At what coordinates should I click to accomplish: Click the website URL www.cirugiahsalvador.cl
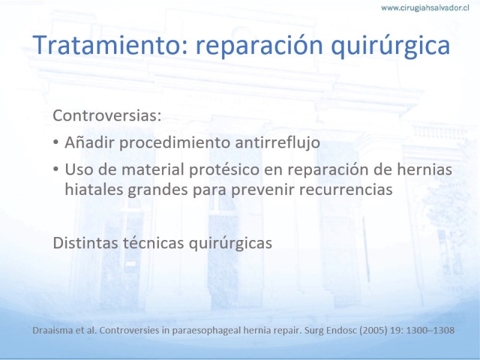coord(425,8)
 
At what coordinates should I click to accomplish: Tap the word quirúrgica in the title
coord(391,47)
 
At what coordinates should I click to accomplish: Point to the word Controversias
coord(107,116)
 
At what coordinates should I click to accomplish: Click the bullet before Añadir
coord(56,142)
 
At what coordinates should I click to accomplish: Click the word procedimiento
coord(175,143)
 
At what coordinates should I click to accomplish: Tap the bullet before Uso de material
coord(56,169)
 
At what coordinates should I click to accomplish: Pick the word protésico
coord(224,170)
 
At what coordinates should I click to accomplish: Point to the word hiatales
coord(94,189)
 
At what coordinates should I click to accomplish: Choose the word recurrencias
coord(346,190)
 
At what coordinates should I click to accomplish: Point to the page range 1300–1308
coord(430,331)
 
